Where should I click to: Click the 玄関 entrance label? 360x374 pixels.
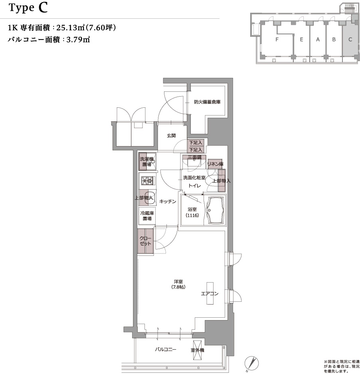pos(171,136)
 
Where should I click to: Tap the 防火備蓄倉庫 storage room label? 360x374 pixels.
pos(207,102)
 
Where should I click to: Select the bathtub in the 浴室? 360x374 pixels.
pos(215,210)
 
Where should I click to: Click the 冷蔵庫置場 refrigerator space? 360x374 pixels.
pos(146,216)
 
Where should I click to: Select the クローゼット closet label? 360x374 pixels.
pos(145,241)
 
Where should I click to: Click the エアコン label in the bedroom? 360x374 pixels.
pos(210,294)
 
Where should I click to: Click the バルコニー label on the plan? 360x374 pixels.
pos(166,350)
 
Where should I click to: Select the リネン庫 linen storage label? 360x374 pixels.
pos(215,164)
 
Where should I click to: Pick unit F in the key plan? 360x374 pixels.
pos(276,40)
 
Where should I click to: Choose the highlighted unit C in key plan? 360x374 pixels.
pos(350,40)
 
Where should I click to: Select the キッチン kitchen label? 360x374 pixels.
pos(168,202)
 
